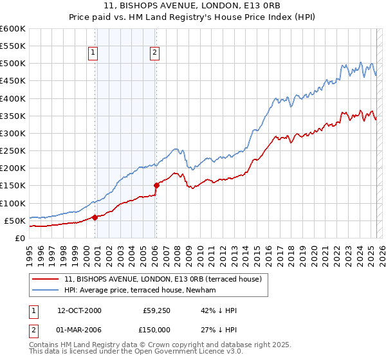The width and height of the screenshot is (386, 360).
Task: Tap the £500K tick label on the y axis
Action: (12, 64)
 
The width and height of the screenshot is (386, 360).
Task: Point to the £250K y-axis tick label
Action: (12, 150)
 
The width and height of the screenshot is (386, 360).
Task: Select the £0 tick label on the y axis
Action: (19, 238)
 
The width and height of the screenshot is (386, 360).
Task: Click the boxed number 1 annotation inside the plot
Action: (94, 53)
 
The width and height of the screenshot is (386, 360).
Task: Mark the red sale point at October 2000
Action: (95, 217)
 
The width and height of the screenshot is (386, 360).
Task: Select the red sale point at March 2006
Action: (156, 186)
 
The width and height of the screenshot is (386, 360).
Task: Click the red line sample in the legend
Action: (46, 280)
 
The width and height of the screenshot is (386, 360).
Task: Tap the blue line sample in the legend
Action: (46, 291)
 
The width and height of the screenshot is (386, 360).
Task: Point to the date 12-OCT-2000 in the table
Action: (79, 310)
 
